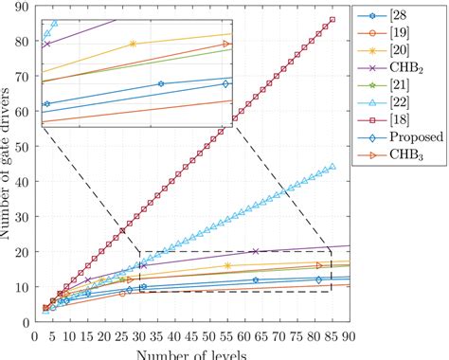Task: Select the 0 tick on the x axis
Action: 36,334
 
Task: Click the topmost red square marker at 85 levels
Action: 332,19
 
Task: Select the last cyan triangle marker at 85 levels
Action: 332,167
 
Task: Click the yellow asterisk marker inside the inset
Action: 133,44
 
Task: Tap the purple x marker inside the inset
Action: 47,45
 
